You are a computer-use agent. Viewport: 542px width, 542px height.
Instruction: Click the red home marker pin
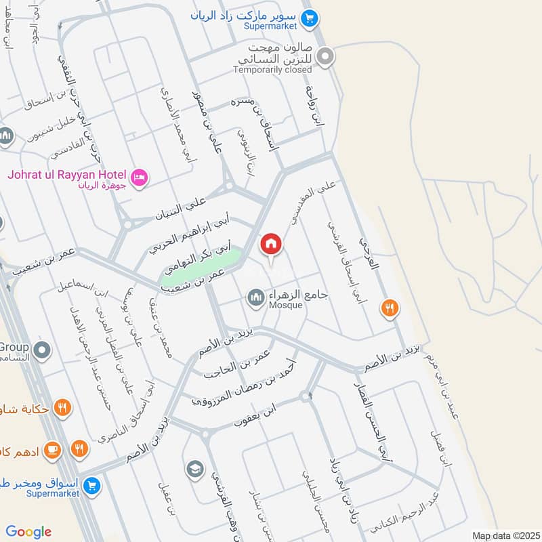click(271, 244)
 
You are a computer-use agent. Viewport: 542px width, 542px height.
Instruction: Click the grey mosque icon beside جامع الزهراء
click(255, 297)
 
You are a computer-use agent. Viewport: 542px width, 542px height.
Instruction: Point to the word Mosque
click(285, 306)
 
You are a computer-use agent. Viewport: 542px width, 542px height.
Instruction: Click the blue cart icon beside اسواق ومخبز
click(92, 484)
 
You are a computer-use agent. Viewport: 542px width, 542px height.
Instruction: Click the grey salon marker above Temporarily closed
click(326, 57)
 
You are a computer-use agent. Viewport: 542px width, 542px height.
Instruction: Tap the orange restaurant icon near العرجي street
click(389, 308)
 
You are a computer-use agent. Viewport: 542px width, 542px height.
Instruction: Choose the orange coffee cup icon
click(53, 449)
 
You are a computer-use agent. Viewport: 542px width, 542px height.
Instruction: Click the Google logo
click(28, 532)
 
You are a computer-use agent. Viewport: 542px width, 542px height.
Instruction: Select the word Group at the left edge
click(14, 347)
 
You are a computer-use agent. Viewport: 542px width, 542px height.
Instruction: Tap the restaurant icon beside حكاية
click(62, 408)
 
